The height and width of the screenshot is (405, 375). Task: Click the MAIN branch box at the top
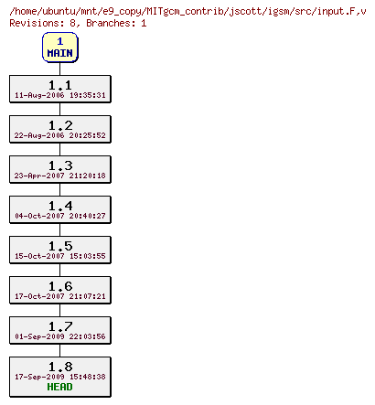[x=60, y=48]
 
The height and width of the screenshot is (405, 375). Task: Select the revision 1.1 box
[x=60, y=89]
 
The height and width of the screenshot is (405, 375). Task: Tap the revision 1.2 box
[x=60, y=129]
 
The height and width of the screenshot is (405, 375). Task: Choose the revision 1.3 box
[x=60, y=169]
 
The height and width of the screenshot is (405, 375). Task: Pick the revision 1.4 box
[x=60, y=209]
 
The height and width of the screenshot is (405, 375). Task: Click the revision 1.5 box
[x=60, y=250]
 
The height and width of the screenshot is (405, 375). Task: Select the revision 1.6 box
[x=60, y=290]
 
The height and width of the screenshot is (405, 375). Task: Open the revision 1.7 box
[x=60, y=330]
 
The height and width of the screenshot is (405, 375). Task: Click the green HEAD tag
[x=60, y=386]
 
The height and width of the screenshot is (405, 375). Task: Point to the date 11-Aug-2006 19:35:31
[x=60, y=95]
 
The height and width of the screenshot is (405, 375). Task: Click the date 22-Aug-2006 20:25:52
[x=60, y=135]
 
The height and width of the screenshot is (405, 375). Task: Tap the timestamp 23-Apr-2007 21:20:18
[x=60, y=176]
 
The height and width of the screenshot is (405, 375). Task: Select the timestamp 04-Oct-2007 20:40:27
[x=60, y=216]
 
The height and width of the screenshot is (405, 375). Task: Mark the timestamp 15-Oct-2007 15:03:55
[x=60, y=256]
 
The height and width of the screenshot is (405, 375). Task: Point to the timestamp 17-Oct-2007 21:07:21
[x=60, y=296]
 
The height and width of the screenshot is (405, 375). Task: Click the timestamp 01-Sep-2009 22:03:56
[x=60, y=336]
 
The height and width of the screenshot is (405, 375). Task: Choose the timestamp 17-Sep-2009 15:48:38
[x=60, y=376]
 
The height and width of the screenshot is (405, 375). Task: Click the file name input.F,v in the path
[x=341, y=9]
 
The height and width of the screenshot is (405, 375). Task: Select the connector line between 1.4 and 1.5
[x=60, y=229]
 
